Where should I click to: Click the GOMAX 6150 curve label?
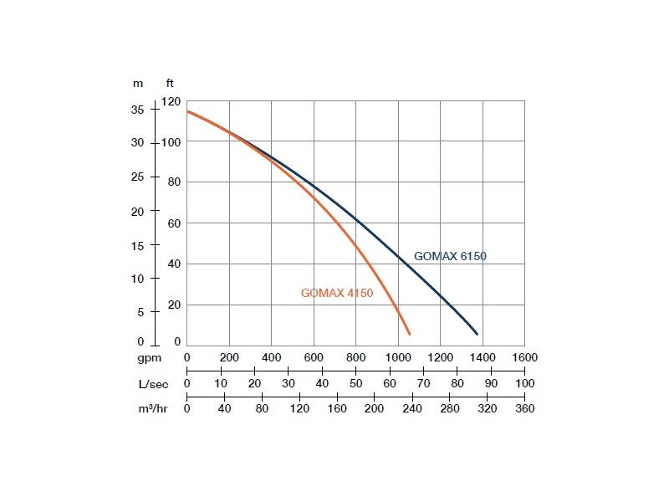coord(450,257)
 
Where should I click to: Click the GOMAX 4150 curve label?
coord(336,293)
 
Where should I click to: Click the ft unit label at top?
coord(171,83)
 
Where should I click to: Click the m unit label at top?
coord(138,83)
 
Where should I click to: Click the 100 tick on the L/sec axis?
coord(524,382)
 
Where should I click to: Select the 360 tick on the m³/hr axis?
coord(524,408)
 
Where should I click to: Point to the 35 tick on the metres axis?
coord(137,110)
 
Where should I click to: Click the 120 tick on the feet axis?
coord(171,101)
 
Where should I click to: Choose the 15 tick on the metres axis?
coord(137,244)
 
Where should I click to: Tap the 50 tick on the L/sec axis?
coord(355,382)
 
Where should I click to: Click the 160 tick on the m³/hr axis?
coord(336,408)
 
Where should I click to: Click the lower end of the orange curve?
coord(409,334)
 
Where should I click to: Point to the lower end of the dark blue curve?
coord(477,334)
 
